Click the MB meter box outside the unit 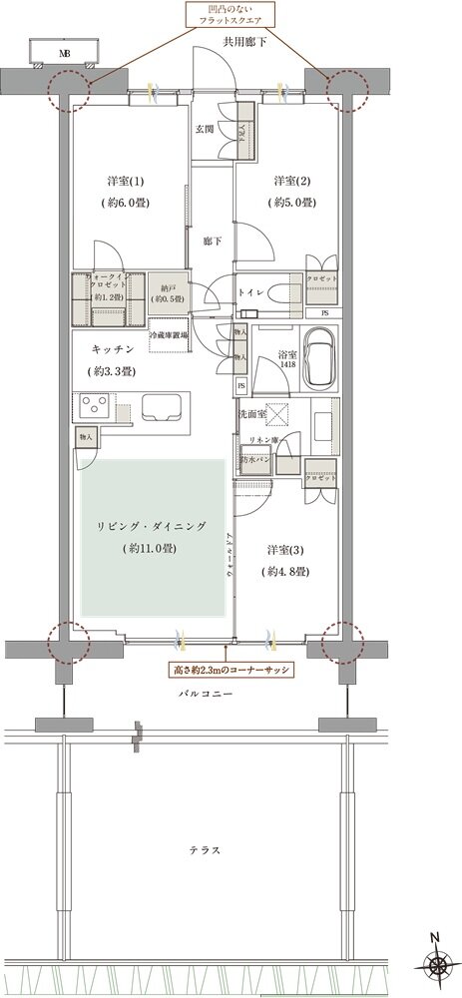click(66, 53)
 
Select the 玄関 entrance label click(206, 128)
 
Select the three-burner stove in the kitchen click(96, 407)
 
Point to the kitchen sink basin click(160, 408)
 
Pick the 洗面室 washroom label click(251, 413)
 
